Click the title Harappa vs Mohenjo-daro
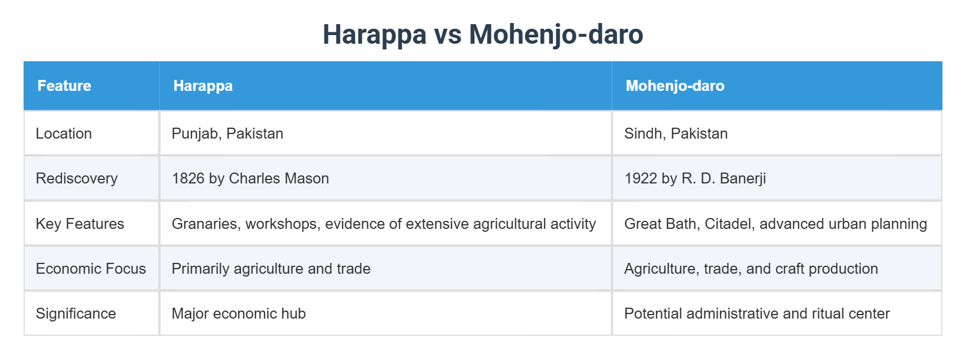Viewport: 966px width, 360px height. pyautogui.click(x=482, y=34)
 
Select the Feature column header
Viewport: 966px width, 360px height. pyautogui.click(x=64, y=86)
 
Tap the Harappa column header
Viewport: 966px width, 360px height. pyautogui.click(x=203, y=86)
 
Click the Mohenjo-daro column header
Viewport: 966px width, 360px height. pyautogui.click(x=674, y=86)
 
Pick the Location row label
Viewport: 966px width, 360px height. pyautogui.click(x=64, y=133)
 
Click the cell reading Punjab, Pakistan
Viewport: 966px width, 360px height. pyautogui.click(x=227, y=133)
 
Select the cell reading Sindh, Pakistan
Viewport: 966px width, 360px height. pyautogui.click(x=676, y=133)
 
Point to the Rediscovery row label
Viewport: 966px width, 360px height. pyautogui.click(x=76, y=178)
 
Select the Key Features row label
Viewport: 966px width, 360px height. pyautogui.click(x=80, y=224)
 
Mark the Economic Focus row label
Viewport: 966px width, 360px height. pyautogui.click(x=91, y=269)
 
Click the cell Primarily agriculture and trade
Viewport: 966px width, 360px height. pyautogui.click(x=271, y=269)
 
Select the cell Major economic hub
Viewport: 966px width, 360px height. pyautogui.click(x=239, y=313)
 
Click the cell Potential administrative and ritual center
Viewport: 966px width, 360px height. pyautogui.click(x=757, y=313)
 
